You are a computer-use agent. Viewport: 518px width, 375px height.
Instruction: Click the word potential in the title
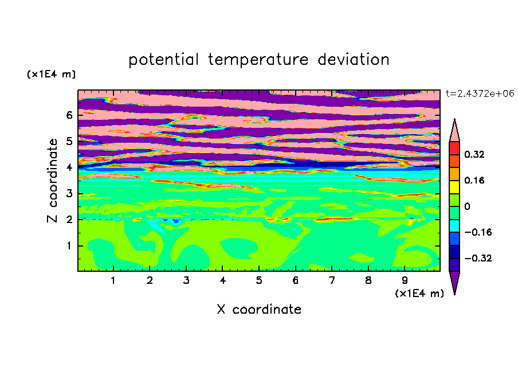click(163, 60)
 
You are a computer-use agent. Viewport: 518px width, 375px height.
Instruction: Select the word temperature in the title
click(258, 60)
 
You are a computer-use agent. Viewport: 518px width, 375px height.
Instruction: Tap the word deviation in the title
click(354, 59)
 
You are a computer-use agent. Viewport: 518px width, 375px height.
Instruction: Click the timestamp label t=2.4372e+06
click(480, 93)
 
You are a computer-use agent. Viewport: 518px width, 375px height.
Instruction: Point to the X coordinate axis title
click(259, 309)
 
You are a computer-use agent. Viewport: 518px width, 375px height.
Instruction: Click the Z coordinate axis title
click(53, 181)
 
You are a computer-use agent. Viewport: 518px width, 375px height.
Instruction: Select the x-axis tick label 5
click(259, 280)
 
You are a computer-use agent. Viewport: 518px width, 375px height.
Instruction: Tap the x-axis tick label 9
click(405, 280)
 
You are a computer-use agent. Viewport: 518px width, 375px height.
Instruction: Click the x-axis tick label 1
click(113, 280)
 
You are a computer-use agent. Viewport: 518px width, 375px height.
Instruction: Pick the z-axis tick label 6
click(69, 115)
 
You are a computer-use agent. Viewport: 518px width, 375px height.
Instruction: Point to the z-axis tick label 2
click(69, 220)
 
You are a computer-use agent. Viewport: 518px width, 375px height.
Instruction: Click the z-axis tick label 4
click(69, 167)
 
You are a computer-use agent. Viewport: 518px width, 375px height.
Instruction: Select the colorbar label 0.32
click(474, 154)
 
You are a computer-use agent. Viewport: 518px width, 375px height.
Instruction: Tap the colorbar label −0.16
click(478, 232)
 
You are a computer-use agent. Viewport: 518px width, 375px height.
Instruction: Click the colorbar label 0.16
click(474, 180)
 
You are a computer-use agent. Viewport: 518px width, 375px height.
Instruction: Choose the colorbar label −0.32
click(478, 258)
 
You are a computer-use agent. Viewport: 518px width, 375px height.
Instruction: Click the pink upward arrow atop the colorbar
click(454, 132)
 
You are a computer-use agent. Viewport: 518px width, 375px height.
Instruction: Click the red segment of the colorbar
click(454, 148)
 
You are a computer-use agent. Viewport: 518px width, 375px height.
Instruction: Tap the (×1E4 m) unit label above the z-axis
click(51, 74)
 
